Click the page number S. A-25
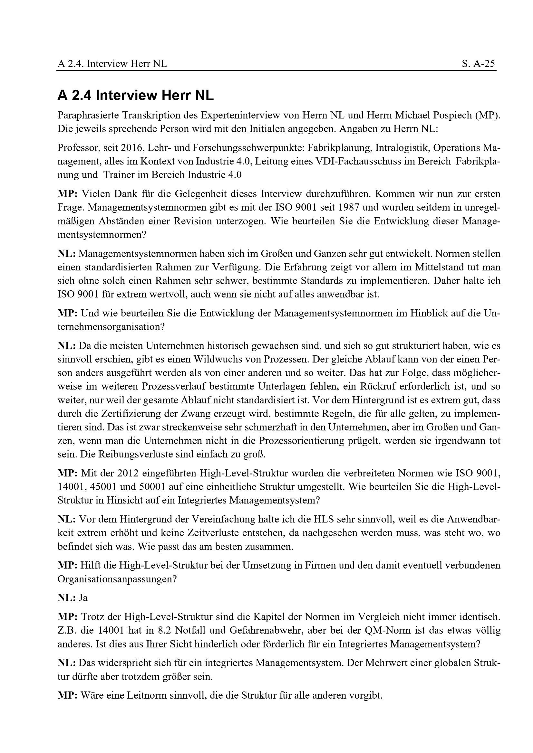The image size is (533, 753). pyautogui.click(x=478, y=63)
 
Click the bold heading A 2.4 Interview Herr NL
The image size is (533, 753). pyautogui.click(x=135, y=96)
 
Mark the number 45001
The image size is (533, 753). pyautogui.click(x=97, y=487)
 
